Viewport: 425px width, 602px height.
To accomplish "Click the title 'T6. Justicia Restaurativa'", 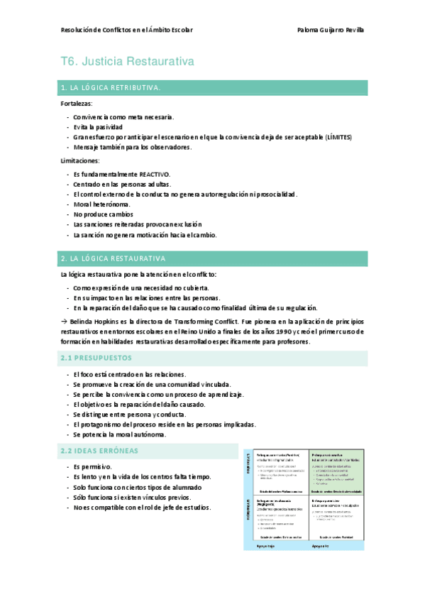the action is tap(127, 62).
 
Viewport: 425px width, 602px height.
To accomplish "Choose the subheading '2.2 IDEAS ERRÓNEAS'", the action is tap(99, 451).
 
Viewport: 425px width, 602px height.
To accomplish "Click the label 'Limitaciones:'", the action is tap(80, 161).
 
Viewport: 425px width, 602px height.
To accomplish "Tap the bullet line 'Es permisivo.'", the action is tap(93, 466).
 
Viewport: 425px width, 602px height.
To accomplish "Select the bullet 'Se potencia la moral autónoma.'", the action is tap(120, 434).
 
